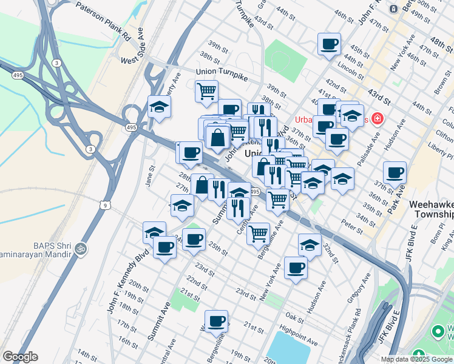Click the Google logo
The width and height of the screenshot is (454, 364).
click(x=20, y=357)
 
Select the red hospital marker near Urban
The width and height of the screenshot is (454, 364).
click(x=378, y=118)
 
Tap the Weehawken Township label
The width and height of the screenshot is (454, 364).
click(x=432, y=210)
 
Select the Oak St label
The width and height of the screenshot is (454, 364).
click(x=294, y=317)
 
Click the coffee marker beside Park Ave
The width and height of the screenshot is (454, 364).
click(x=395, y=172)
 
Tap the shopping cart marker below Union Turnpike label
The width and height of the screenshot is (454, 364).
click(x=206, y=91)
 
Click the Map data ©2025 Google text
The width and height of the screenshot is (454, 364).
click(x=416, y=359)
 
